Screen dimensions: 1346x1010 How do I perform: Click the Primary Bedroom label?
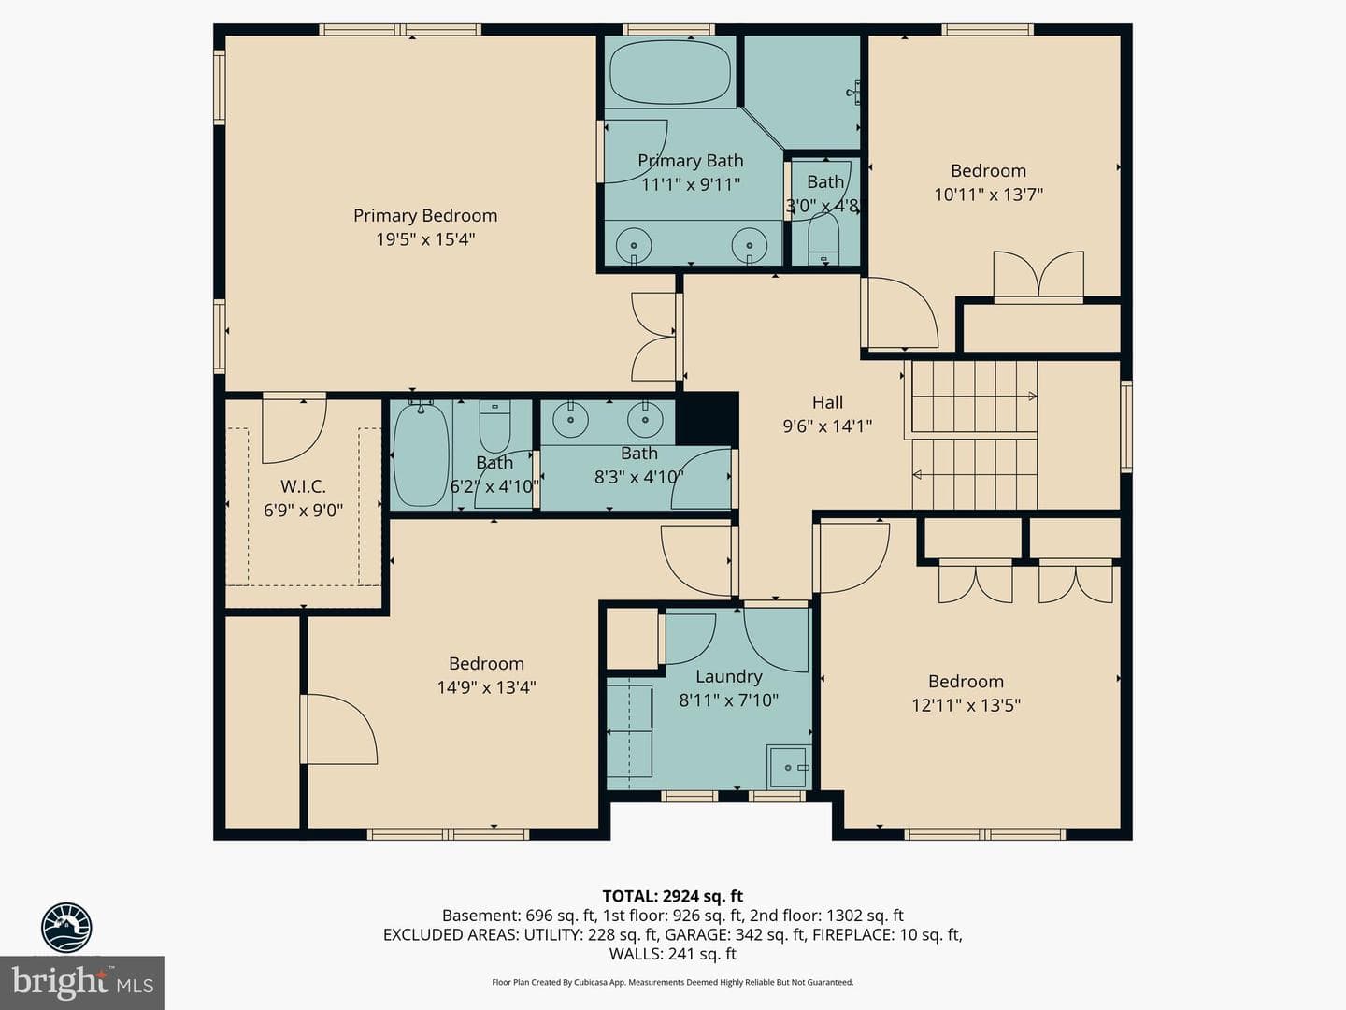[x=425, y=216]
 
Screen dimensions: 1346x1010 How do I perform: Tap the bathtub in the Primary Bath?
[x=670, y=73]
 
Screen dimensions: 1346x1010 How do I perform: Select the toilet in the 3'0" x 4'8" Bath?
[x=823, y=239]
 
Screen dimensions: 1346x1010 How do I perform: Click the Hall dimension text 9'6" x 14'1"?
[x=827, y=426]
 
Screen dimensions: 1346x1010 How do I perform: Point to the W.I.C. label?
[x=303, y=486]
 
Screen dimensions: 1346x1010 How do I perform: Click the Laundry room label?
[x=728, y=676]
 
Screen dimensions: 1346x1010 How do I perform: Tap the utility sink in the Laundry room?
[x=789, y=767]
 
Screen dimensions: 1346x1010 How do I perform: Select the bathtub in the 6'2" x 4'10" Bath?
[x=421, y=455]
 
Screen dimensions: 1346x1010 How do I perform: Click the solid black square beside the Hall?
[x=707, y=419]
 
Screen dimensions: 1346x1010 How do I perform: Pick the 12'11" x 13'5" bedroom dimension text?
[x=966, y=705]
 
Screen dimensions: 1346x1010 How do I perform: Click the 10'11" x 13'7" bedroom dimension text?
[x=989, y=195]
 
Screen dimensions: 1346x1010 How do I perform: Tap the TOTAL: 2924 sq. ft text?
[x=673, y=897]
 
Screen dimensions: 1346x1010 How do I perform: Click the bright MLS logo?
[x=82, y=983]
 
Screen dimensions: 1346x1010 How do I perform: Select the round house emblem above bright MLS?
[x=66, y=928]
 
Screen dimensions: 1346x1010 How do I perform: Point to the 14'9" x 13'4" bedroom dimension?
[x=486, y=687]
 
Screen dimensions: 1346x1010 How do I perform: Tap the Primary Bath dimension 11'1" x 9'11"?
[x=691, y=184]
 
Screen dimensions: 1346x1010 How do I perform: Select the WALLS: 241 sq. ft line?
[x=673, y=954]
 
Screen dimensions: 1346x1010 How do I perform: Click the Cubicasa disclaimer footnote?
[x=673, y=982]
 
